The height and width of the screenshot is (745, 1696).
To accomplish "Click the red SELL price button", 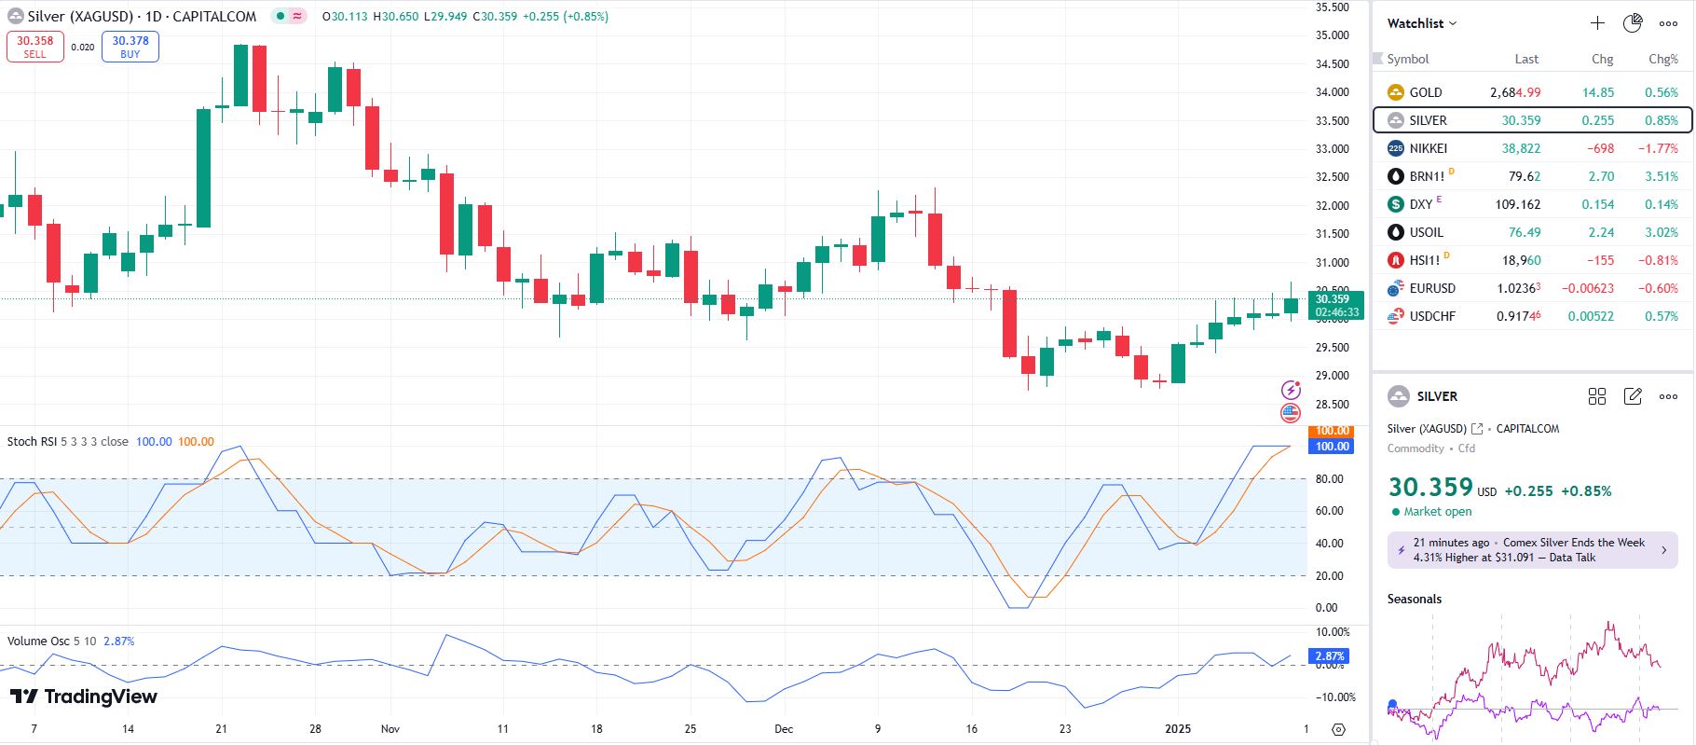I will click(x=35, y=47).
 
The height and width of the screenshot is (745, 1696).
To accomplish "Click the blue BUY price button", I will click(x=130, y=47).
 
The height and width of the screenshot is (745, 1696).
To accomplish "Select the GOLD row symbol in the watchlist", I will click(x=1425, y=92).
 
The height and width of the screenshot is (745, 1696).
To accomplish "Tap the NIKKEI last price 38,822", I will click(x=1521, y=148).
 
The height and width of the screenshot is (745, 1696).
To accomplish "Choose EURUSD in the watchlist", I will click(x=1431, y=288).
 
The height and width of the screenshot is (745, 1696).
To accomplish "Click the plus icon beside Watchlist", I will click(x=1597, y=23).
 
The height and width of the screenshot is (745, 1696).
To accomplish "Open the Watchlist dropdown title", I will click(x=1421, y=23).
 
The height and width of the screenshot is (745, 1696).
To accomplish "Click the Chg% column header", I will click(x=1662, y=59).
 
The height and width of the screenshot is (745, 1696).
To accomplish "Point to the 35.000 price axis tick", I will click(x=1332, y=35).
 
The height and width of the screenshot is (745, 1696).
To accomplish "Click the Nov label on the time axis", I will click(x=390, y=728).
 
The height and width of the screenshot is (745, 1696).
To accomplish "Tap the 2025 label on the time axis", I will click(x=1178, y=728).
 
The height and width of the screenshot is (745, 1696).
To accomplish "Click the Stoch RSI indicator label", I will click(x=32, y=442).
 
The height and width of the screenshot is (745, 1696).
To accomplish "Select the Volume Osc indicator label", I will click(x=38, y=642).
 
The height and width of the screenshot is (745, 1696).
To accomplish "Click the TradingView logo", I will click(x=84, y=697).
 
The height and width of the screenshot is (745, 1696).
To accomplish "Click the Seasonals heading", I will click(x=1414, y=599).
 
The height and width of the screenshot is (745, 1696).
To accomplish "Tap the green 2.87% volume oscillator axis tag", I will click(x=1330, y=656).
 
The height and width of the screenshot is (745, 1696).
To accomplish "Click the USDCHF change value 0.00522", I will click(x=1591, y=316).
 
